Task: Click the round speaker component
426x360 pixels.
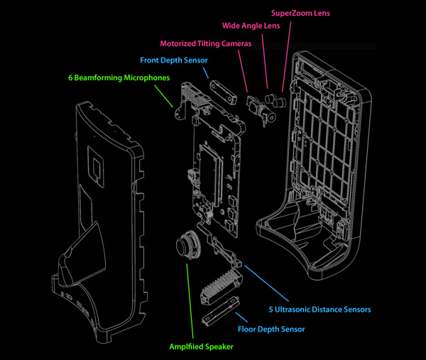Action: click(185, 246)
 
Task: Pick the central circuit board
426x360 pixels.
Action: click(214, 174)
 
